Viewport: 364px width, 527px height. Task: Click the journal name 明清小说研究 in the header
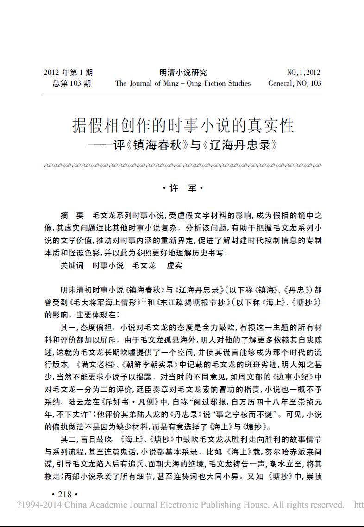[183, 73]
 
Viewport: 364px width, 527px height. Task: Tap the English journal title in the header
[183, 83]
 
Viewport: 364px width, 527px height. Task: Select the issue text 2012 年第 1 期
[68, 73]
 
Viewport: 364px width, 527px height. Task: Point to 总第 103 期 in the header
[72, 83]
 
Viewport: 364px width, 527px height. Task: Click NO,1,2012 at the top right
[303, 73]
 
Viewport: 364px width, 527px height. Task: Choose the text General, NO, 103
[295, 83]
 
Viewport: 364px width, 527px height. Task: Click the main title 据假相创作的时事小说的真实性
[183, 125]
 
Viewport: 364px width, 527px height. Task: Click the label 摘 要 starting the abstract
[72, 216]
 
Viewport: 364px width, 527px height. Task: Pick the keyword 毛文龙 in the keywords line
[144, 266]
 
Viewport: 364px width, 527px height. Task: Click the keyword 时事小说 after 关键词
[108, 266]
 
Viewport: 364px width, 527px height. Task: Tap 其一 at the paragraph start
[68, 327]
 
